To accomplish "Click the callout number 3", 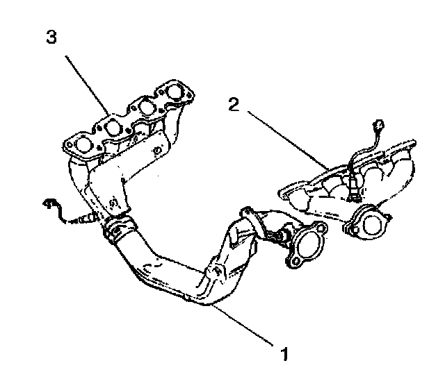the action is (51, 38).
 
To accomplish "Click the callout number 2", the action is (234, 106).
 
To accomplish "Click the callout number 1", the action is (283, 354).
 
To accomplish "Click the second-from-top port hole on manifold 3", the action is (145, 108).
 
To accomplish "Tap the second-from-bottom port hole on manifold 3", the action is (113, 127).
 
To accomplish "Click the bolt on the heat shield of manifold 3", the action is (161, 149).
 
